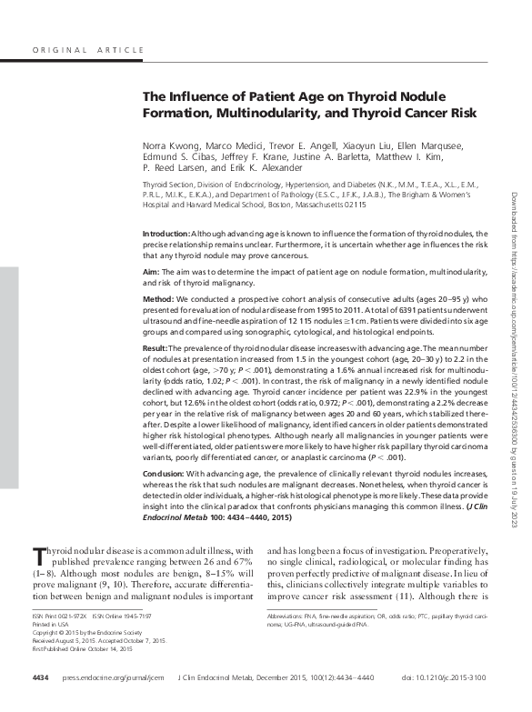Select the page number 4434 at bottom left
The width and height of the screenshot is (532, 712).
tap(40, 678)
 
